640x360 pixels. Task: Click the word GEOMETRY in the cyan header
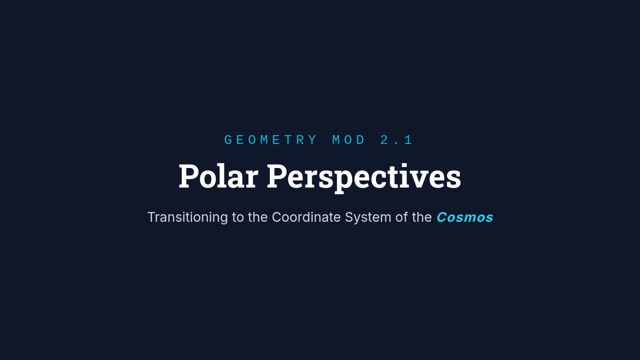click(270, 140)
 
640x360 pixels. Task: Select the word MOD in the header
click(349, 140)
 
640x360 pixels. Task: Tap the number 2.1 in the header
click(396, 140)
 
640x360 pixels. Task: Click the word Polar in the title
click(219, 176)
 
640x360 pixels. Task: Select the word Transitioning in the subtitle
click(187, 218)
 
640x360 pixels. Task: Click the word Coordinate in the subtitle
click(306, 217)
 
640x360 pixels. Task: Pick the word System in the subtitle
click(368, 218)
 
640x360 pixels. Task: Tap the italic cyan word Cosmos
click(465, 217)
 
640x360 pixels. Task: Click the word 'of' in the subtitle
click(402, 217)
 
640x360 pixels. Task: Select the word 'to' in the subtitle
click(238, 218)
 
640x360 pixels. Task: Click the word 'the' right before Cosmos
click(422, 217)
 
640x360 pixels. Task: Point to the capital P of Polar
click(189, 176)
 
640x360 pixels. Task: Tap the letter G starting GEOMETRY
click(228, 140)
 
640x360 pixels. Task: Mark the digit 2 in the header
click(385, 140)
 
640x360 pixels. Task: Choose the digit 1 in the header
click(409, 140)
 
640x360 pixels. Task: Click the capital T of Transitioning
click(151, 217)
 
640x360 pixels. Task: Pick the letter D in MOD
click(362, 140)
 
